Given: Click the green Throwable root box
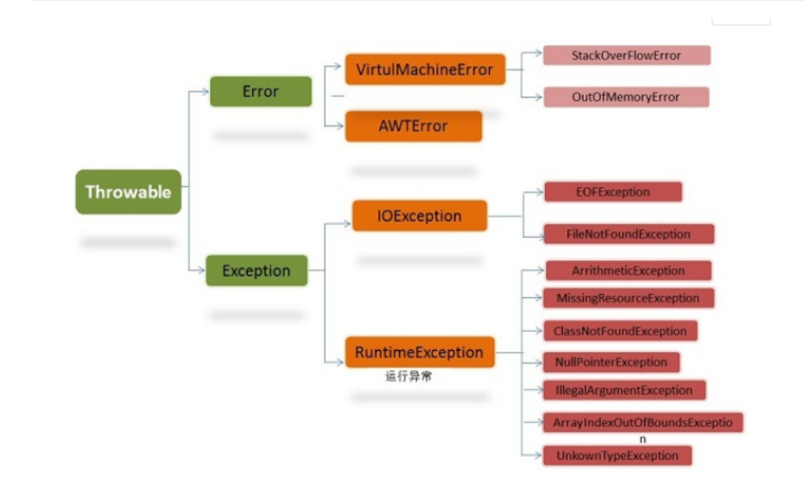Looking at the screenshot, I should pos(128,191).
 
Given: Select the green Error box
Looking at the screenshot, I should pos(260,91).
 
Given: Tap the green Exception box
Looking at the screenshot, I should pos(256,271).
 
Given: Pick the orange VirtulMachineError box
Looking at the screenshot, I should pos(424,69).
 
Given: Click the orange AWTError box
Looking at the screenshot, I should pos(413,126).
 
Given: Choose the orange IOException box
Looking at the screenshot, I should pos(419,215).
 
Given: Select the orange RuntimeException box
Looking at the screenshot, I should pos(419,353).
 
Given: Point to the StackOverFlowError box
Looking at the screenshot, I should pos(626,55).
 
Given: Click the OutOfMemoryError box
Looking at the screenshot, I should pos(625,97).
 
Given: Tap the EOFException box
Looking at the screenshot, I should pos(613,191).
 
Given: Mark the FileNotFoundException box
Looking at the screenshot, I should pos(629,234).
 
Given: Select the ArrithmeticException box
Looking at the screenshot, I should pos(629,271).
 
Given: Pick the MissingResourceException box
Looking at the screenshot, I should pos(629,298).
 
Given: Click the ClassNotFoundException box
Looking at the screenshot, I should pos(620,331).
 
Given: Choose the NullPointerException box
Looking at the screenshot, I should pos(611,362).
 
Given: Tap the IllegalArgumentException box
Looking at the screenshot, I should pos(624,390).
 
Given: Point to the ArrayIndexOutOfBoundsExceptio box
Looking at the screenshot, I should pos(642,422).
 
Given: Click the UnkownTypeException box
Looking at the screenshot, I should pos(616,455).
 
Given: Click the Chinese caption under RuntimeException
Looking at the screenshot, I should pos(408,377).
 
